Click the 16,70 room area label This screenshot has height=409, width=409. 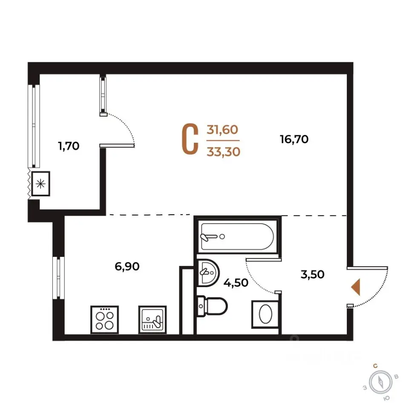[294, 139]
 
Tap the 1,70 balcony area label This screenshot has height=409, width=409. [69, 146]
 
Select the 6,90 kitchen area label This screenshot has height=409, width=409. [127, 266]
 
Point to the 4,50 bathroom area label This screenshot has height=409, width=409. [236, 283]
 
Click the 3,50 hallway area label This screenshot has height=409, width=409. [312, 274]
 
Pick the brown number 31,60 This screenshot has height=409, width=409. [222, 130]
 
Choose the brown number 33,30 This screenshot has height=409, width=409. [223, 152]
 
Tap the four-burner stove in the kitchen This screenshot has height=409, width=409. [105, 320]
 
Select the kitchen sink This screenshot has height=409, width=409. [153, 320]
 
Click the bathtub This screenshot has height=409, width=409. [237, 236]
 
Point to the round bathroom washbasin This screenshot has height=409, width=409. [208, 273]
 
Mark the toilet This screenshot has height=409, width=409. [212, 306]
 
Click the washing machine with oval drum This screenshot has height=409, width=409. [265, 314]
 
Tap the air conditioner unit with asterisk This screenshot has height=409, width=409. [40, 184]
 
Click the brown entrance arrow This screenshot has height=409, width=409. [356, 287]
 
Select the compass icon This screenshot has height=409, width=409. [381, 383]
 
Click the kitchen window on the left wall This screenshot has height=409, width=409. [58, 278]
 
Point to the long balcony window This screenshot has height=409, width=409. [34, 126]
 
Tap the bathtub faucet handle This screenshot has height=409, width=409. [209, 237]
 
